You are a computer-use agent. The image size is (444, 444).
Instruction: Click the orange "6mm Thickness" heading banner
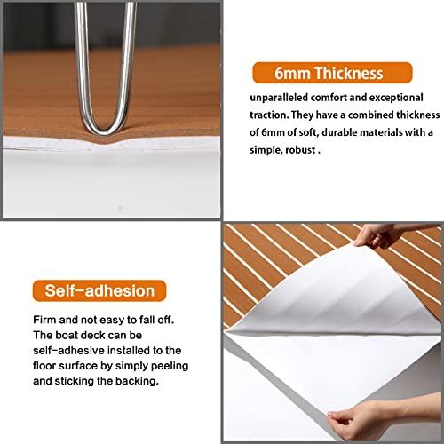[331, 74]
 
